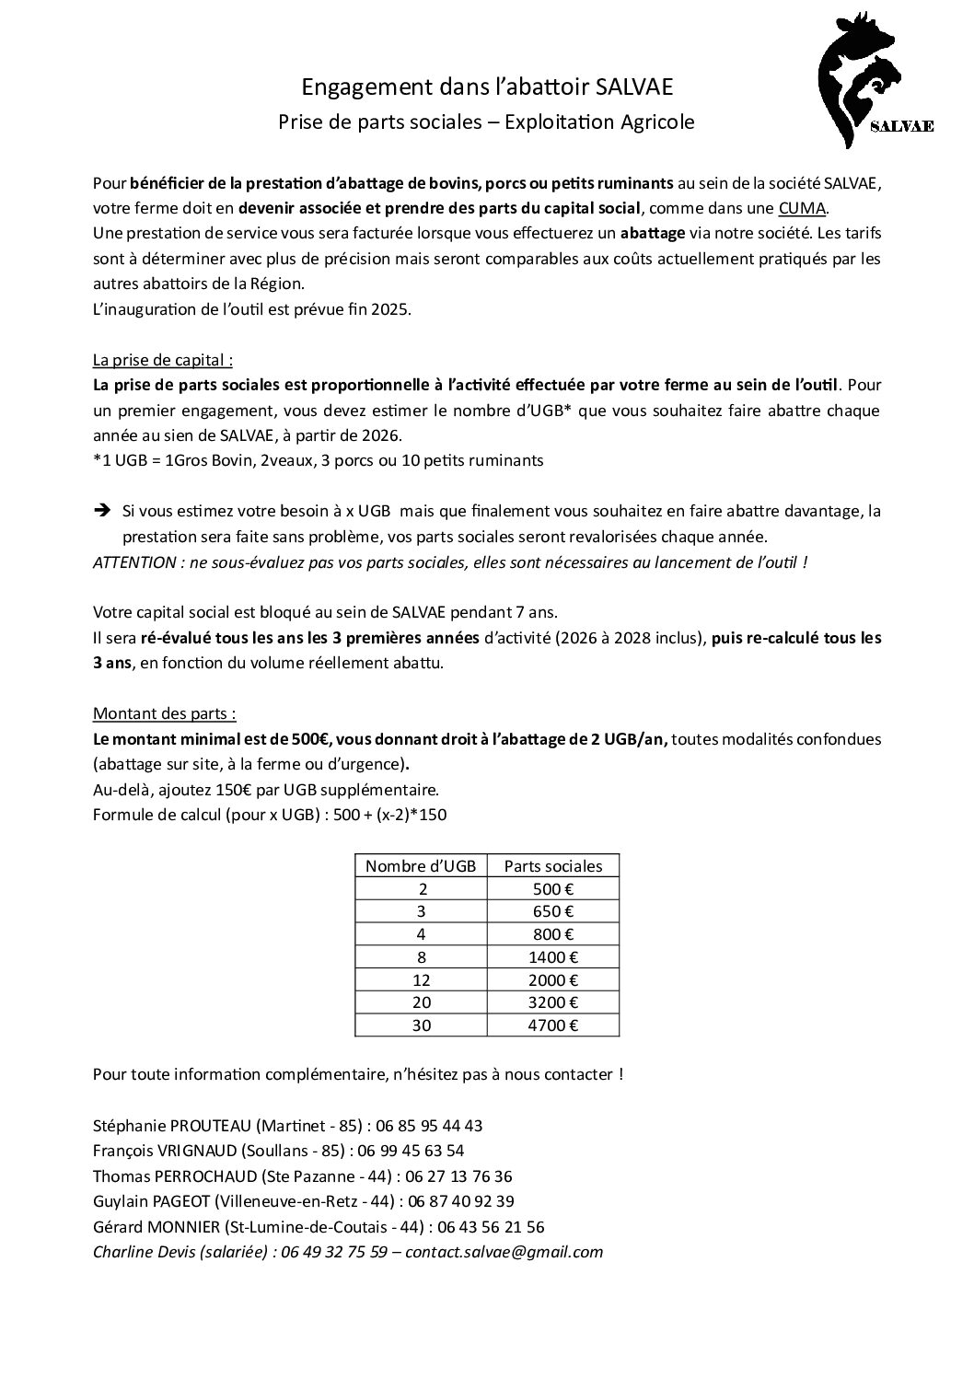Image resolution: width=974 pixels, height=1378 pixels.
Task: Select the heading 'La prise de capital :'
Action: point(163,359)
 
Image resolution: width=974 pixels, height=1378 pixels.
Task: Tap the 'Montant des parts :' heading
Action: point(164,713)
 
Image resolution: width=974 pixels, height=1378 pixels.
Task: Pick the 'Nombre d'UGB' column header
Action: point(421,865)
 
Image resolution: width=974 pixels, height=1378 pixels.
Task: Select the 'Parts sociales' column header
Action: point(553,865)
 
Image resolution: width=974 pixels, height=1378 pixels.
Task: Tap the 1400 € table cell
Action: point(553,957)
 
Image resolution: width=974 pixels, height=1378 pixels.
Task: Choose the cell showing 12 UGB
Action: point(421,980)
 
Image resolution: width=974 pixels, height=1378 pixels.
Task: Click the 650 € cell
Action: point(553,911)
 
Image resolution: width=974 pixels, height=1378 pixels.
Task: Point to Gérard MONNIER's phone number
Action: point(489,1227)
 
